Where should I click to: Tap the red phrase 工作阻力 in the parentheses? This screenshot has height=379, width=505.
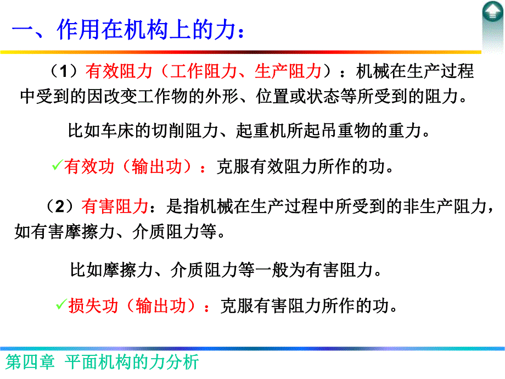coord(195,72)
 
